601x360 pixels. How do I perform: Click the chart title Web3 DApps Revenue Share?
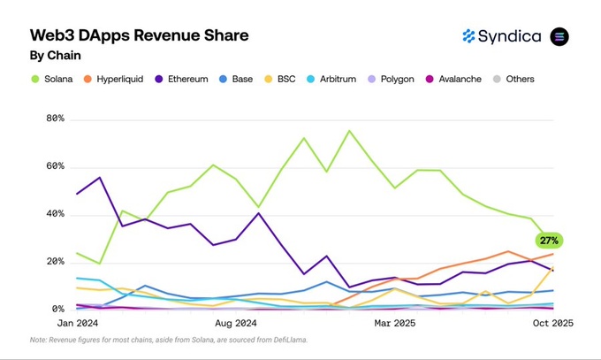click(139, 35)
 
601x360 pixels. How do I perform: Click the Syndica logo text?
click(509, 36)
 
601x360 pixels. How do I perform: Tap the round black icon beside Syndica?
click(559, 36)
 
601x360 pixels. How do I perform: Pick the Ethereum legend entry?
click(183, 79)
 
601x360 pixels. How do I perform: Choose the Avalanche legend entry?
click(453, 79)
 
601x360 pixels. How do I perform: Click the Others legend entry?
click(514, 79)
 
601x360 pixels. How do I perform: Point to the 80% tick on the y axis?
click(55, 119)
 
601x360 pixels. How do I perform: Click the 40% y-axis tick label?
click(55, 214)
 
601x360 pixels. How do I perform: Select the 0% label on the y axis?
click(58, 310)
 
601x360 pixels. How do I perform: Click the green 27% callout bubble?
click(548, 241)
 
